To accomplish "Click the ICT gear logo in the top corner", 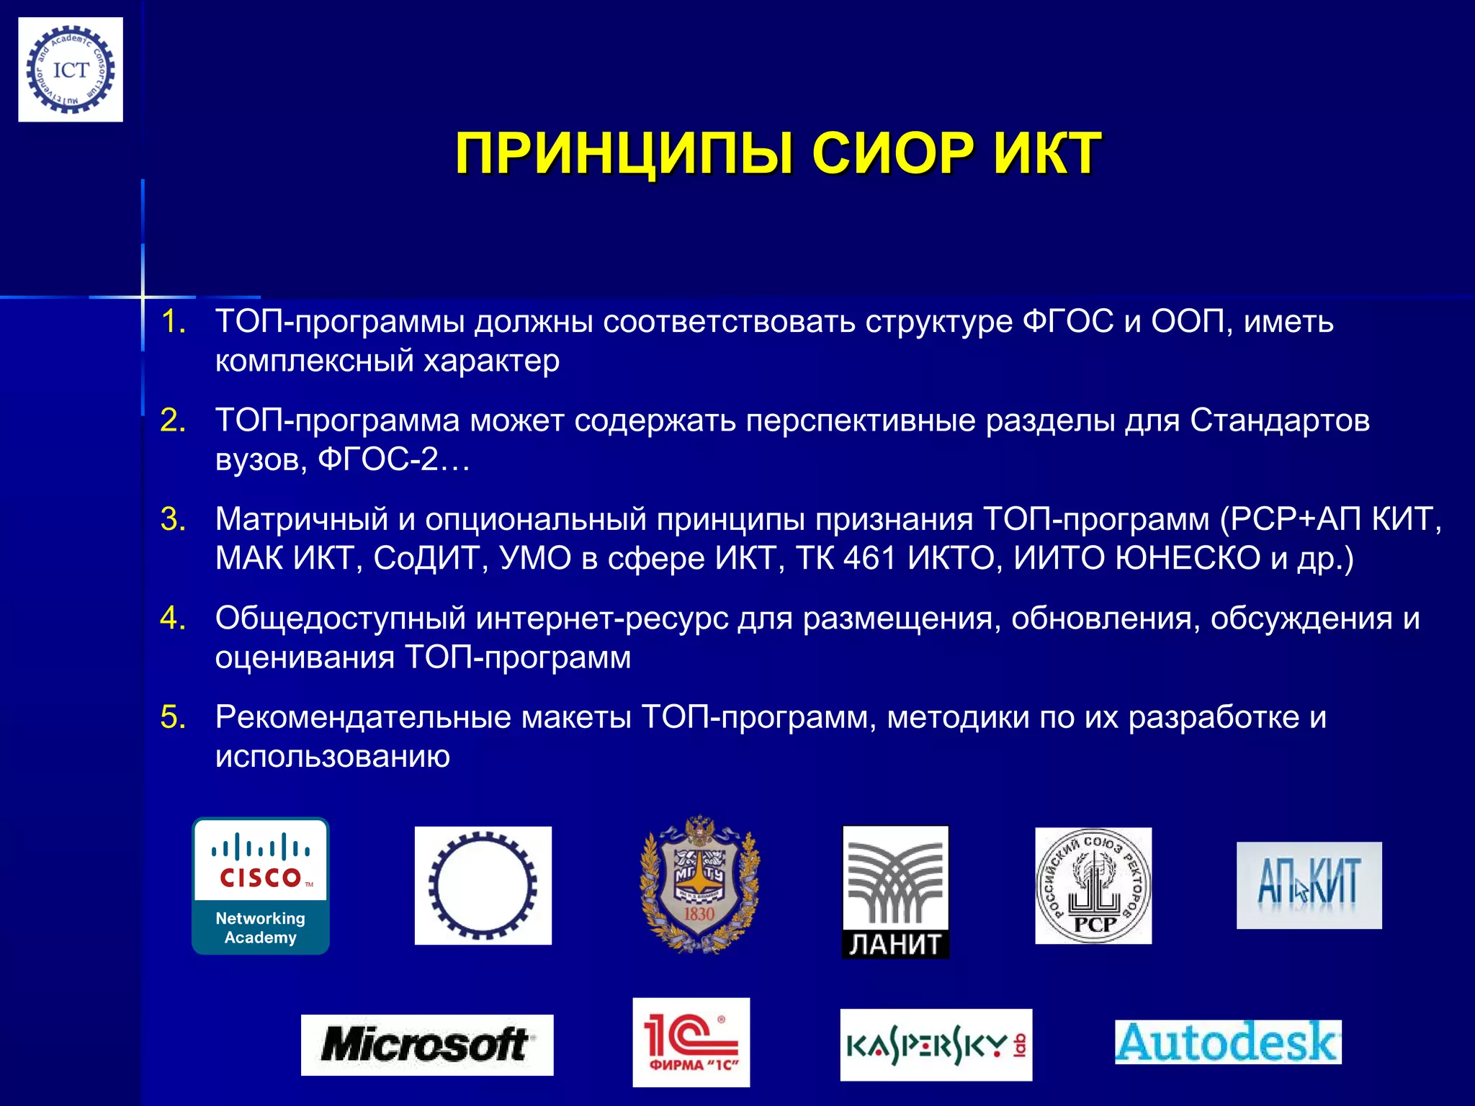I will click(x=71, y=70).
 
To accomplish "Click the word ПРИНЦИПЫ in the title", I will click(x=624, y=153).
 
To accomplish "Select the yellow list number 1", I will click(x=173, y=322).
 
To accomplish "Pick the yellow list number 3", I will click(x=173, y=519).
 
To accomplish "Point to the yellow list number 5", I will click(x=173, y=717).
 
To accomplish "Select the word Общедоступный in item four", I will click(x=341, y=619).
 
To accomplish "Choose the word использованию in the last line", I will click(x=333, y=756).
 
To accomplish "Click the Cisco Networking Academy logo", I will click(x=261, y=886).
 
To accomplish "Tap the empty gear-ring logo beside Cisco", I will click(x=483, y=886).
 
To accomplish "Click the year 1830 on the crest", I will click(x=699, y=914).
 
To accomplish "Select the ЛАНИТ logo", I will click(x=895, y=891).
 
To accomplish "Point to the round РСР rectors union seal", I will click(x=1093, y=886).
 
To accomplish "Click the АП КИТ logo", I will click(x=1309, y=885).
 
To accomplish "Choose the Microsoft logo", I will click(x=427, y=1045).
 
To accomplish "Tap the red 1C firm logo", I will click(x=691, y=1042).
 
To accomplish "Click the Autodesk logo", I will click(x=1228, y=1042).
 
